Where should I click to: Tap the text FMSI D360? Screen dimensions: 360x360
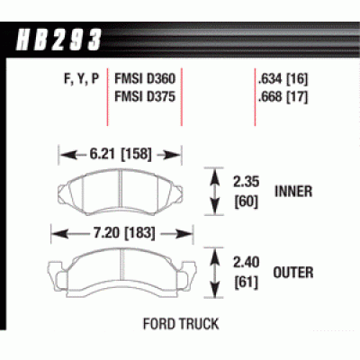tap(144, 79)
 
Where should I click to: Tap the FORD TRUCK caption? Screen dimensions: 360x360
tap(179, 321)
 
